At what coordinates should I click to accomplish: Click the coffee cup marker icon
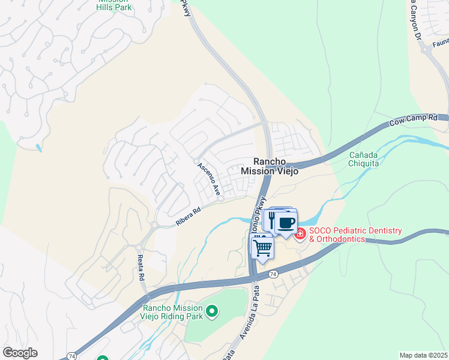tap(286, 222)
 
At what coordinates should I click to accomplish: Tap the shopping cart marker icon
tap(262, 246)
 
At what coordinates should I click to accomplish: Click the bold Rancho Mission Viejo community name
tap(269, 166)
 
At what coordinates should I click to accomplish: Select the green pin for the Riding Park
tap(211, 311)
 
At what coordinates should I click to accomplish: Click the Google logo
tap(20, 353)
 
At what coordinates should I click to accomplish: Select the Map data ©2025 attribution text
tap(423, 355)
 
